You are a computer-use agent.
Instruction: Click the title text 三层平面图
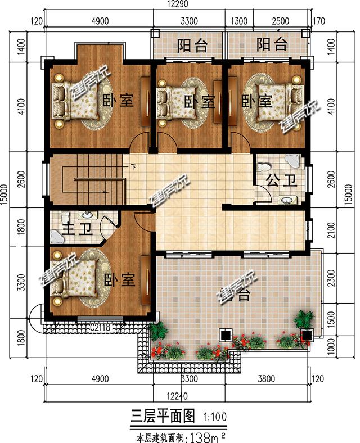[x=163, y=416]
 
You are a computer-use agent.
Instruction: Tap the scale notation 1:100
[x=217, y=417]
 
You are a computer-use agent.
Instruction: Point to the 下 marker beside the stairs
[x=133, y=166]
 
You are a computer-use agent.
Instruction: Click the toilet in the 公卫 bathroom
[x=263, y=167]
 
